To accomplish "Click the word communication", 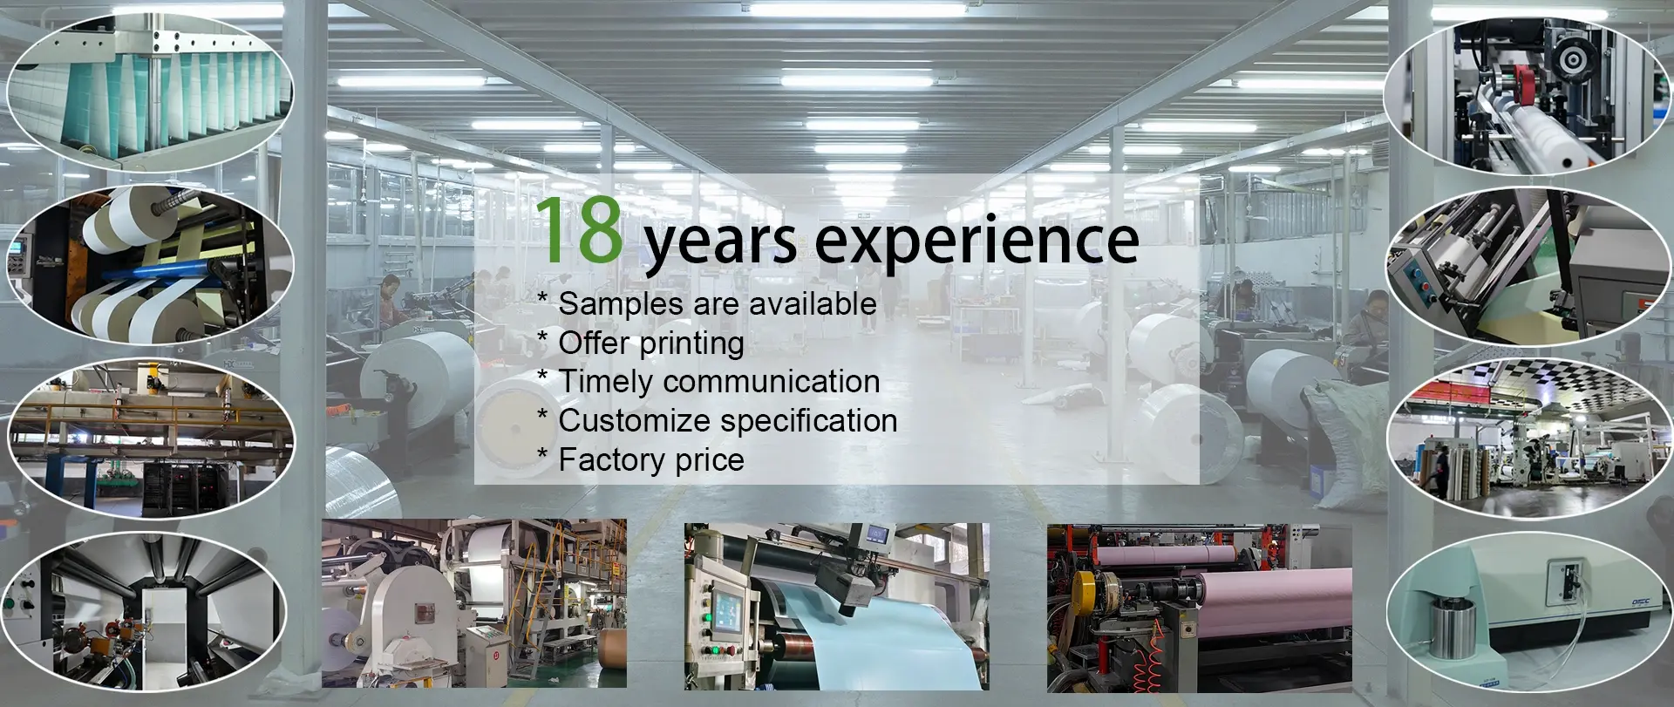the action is point(772,381).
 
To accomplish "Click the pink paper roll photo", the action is point(1199,605).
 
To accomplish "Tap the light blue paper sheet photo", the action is point(837,605).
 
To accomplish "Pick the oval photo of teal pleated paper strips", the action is point(150,90).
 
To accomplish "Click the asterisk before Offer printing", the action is point(542,338).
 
